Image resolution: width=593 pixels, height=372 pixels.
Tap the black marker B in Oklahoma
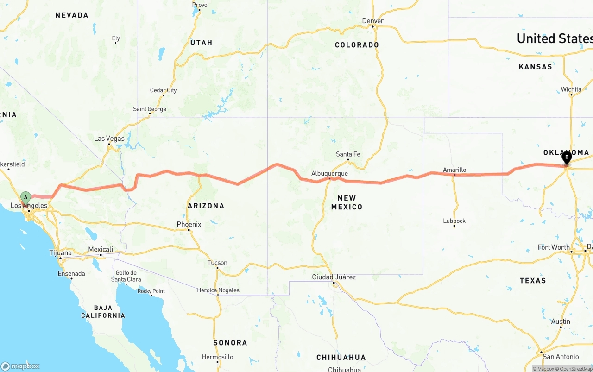[566, 157]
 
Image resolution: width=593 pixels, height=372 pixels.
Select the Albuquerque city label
[329, 174]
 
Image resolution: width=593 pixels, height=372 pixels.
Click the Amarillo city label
[454, 170]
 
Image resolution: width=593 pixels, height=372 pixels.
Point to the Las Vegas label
[109, 139]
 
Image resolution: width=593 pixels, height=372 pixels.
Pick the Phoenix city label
[189, 225]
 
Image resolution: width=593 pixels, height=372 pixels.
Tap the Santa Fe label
[348, 154]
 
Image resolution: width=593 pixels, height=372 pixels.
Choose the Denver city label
[373, 21]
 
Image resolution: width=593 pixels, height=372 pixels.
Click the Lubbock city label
[454, 221]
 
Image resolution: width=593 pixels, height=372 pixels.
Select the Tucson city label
[217, 263]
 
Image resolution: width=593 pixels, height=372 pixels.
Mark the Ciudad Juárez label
[334, 277]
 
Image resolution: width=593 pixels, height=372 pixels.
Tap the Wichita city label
[571, 89]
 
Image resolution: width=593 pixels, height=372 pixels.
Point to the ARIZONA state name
[206, 206]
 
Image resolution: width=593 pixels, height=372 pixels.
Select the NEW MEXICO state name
[347, 202]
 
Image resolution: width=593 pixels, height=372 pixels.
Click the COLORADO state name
[357, 45]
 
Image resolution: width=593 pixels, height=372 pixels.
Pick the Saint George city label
[150, 109]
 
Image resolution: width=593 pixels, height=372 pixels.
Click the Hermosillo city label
[218, 357]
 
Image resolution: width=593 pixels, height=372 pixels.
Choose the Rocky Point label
[151, 291]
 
